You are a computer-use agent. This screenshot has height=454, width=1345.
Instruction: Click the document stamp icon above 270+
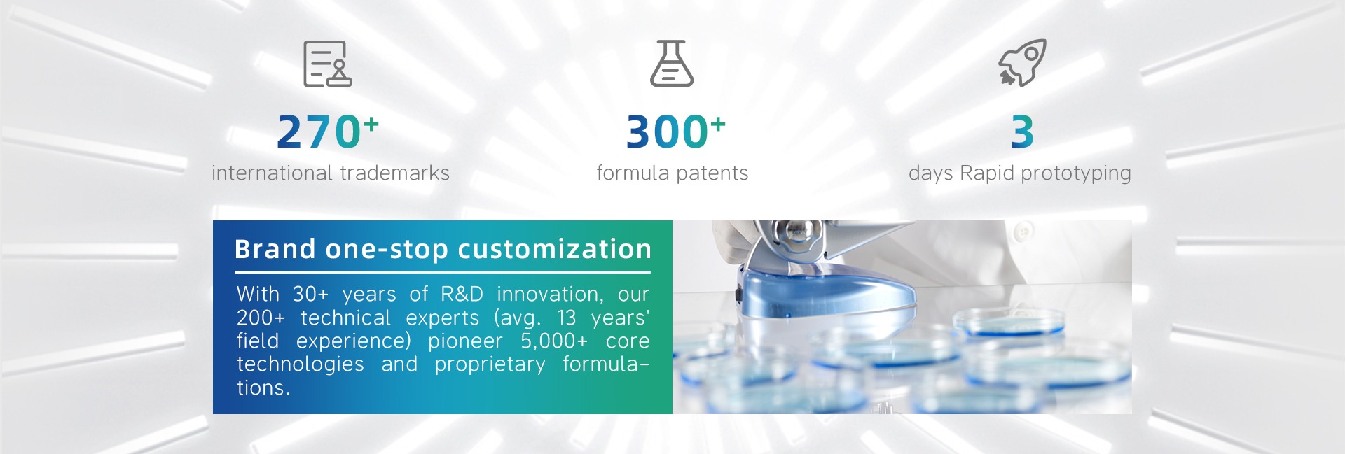327,64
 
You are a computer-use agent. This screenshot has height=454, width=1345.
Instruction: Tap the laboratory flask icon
672,64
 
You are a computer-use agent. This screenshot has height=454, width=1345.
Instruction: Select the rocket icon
1022,63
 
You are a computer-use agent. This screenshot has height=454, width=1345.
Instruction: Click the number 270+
328,132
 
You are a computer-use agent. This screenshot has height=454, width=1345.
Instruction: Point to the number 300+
675,132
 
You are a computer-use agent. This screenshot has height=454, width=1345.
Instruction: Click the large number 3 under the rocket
1022,132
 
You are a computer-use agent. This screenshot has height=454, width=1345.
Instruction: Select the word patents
712,173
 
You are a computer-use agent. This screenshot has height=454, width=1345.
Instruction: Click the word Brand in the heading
275,249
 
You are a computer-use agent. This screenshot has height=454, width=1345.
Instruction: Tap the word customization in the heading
555,249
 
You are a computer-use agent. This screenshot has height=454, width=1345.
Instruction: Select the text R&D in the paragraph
462,294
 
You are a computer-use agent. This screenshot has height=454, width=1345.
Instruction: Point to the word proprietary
490,365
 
